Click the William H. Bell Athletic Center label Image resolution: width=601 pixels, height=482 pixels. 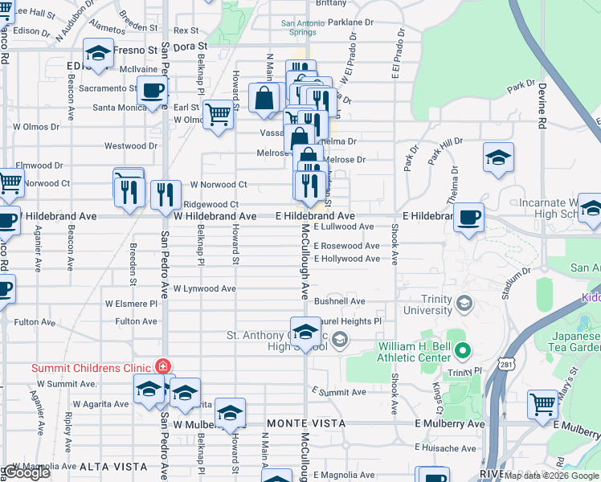point(415,351)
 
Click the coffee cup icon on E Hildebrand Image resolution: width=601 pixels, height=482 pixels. point(468,215)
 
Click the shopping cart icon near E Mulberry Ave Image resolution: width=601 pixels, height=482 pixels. point(543,403)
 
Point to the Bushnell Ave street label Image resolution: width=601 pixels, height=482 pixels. point(339,301)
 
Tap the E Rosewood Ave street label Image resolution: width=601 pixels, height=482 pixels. point(347,246)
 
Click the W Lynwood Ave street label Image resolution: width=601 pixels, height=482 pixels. point(204,288)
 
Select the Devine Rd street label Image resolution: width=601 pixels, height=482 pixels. point(543,108)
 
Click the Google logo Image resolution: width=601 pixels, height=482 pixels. point(27,473)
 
